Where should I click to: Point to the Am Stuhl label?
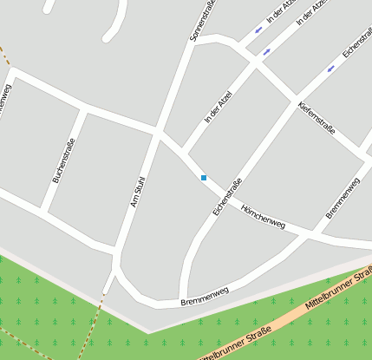pyautogui.click(x=136, y=192)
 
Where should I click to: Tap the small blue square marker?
pyautogui.click(x=204, y=178)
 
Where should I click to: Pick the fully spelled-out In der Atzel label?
pyautogui.click(x=219, y=106)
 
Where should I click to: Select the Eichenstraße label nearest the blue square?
pyautogui.click(x=227, y=196)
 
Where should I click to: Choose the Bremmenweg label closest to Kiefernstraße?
pyautogui.click(x=343, y=198)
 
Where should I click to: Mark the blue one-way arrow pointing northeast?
pyautogui.click(x=266, y=51)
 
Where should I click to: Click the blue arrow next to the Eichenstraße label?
pyautogui.click(x=330, y=69)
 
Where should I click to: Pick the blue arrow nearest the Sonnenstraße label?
pyautogui.click(x=258, y=30)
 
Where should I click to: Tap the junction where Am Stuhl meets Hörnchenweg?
pyautogui.click(x=158, y=133)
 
